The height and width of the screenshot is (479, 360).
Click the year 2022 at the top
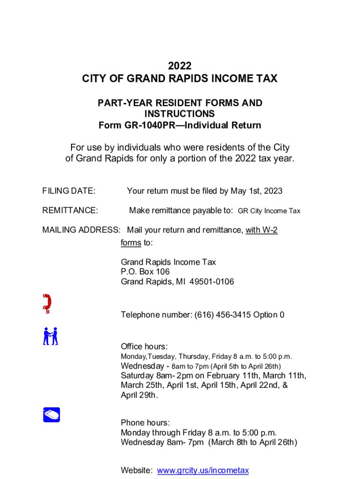[x=180, y=66]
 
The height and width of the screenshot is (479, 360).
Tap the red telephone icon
[x=47, y=304]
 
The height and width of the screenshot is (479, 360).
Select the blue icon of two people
[x=50, y=336]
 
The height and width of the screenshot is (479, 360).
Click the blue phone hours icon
[x=51, y=414]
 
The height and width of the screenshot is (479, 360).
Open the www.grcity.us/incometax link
[x=203, y=471]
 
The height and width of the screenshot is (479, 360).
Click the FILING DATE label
[x=69, y=191]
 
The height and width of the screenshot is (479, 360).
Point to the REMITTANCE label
[x=70, y=210]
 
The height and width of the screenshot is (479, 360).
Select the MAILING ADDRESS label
[x=81, y=230]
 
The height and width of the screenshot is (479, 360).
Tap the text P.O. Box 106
[x=145, y=272]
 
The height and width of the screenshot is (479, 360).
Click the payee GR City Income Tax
[x=269, y=211]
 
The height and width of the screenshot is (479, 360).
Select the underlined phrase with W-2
[x=262, y=230]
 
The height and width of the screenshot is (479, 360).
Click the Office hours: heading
[x=144, y=347]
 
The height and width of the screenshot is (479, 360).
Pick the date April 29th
[x=138, y=395]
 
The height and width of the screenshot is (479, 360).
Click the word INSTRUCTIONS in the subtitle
[x=180, y=114]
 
